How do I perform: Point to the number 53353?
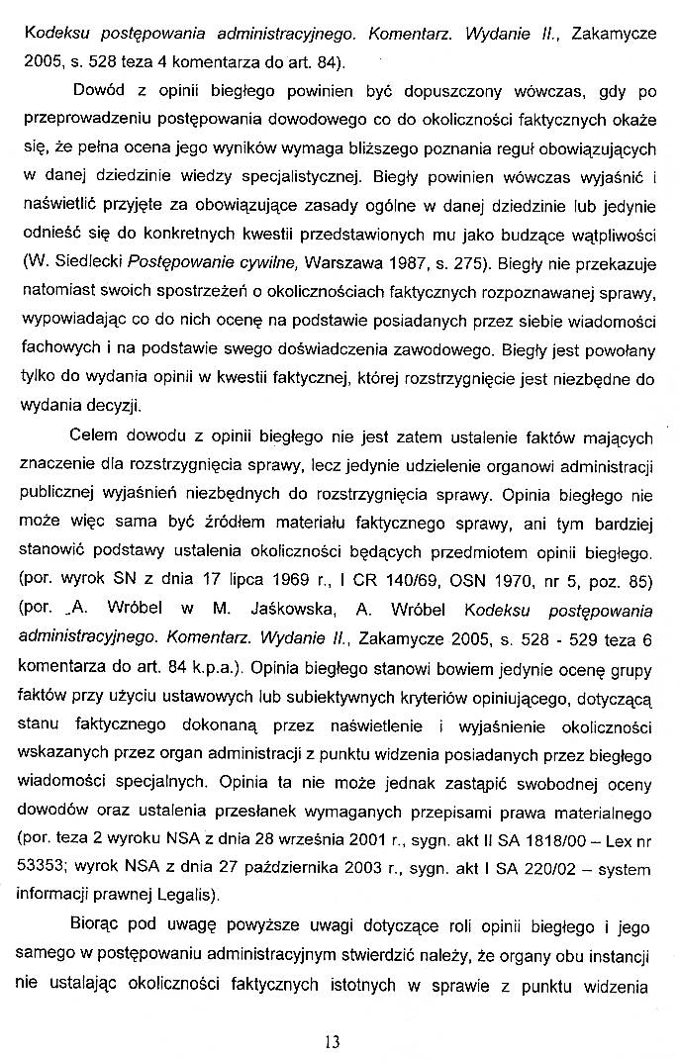tap(44, 869)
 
